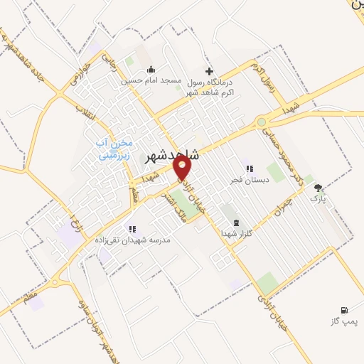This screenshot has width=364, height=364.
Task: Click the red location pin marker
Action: point(183,167)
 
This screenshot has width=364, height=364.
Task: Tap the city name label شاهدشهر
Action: point(172,154)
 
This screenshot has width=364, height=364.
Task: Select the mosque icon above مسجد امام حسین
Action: point(151,70)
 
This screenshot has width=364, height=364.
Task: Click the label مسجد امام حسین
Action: point(151,81)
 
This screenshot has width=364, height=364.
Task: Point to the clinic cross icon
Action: point(208,71)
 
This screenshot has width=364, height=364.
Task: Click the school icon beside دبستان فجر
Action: point(249,168)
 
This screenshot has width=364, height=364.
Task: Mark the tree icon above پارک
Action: point(318,188)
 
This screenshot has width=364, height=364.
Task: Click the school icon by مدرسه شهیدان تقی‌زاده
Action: point(132,229)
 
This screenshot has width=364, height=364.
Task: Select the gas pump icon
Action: point(344,310)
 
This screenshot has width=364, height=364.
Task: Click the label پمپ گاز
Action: point(343,322)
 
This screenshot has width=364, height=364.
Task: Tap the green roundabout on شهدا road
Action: point(263,122)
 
